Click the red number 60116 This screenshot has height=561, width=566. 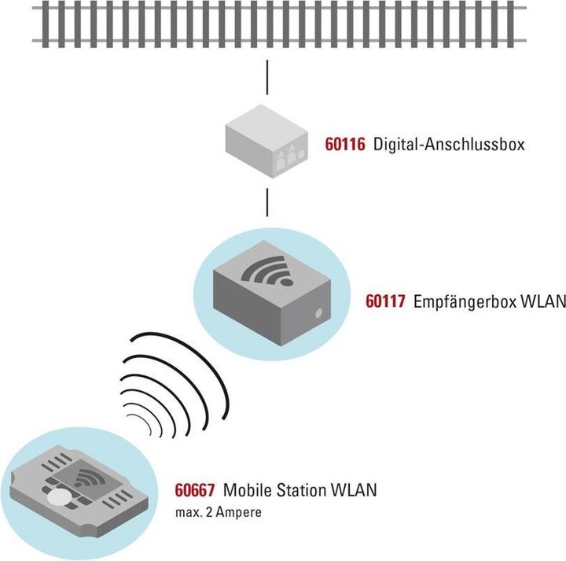[x=345, y=145]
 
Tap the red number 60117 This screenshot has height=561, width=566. [x=385, y=301]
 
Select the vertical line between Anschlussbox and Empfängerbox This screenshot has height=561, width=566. [x=268, y=201]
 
